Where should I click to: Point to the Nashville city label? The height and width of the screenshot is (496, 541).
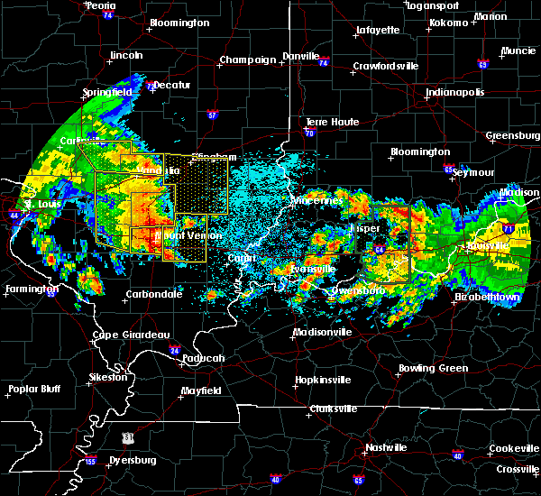tap(387, 447)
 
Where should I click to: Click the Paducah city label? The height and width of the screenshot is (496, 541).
tap(204, 358)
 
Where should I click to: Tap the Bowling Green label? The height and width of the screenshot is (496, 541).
tap(435, 368)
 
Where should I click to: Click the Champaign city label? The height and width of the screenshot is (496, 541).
tap(247, 60)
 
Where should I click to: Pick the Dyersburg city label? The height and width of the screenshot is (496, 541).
tap(130, 460)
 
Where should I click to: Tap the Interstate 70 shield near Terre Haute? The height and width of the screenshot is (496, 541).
tap(309, 133)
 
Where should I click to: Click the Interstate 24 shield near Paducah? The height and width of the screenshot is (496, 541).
tap(175, 350)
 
